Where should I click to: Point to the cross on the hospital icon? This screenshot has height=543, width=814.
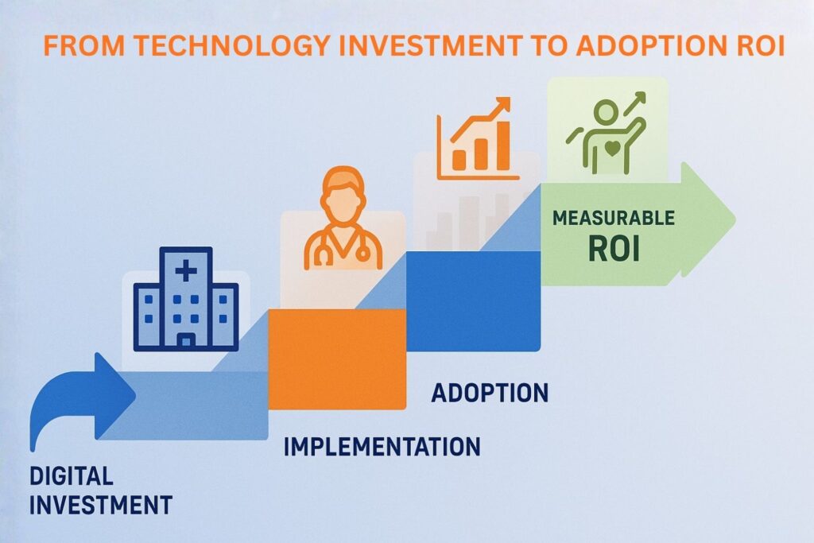click(186, 272)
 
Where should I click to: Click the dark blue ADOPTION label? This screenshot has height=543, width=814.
click(490, 393)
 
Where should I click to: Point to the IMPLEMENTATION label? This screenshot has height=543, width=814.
click(382, 446)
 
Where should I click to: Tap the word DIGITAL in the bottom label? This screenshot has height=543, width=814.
click(72, 477)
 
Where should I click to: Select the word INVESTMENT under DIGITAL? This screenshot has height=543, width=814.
click(100, 504)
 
